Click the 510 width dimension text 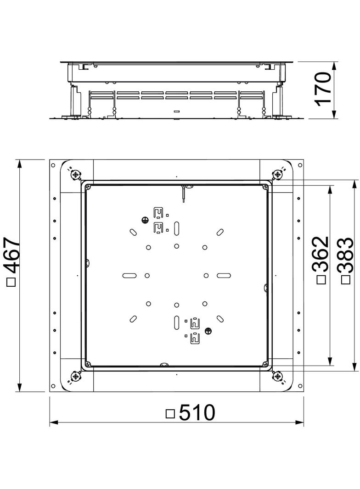click(x=197, y=413)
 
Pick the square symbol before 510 click(x=170, y=414)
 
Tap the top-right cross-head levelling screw click(x=277, y=175)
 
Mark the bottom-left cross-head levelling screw click(x=75, y=376)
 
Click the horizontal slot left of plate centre click(x=130, y=275)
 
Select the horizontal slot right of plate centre click(x=224, y=275)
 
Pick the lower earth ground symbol click(x=208, y=330)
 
